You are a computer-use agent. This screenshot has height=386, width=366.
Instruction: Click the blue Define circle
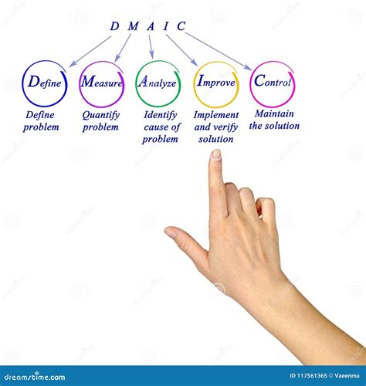[44, 83]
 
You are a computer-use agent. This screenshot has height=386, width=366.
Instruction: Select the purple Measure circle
[101, 83]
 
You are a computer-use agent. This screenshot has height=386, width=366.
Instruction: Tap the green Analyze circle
[158, 83]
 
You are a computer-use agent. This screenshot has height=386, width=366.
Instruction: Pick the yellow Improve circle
[216, 83]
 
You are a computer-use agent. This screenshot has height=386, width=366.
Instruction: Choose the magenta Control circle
[273, 83]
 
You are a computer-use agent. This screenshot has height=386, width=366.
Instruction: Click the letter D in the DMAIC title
[114, 26]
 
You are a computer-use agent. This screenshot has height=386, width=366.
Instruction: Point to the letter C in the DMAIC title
[181, 26]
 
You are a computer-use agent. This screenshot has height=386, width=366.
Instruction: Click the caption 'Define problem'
[41, 121]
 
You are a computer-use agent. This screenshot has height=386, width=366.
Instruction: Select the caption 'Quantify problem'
[101, 121]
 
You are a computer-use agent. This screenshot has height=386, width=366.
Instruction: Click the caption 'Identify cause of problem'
[161, 127]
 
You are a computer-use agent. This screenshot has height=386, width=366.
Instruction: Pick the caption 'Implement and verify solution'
[217, 127]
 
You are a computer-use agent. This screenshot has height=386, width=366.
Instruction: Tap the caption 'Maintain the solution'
[274, 121]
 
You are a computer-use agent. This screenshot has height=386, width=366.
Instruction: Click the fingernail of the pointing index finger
[216, 154]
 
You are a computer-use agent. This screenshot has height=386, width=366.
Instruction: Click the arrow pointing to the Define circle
[90, 50]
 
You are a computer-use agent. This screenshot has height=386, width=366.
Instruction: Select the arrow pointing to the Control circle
[219, 51]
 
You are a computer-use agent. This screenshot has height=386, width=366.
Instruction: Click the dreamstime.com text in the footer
[37, 378]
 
